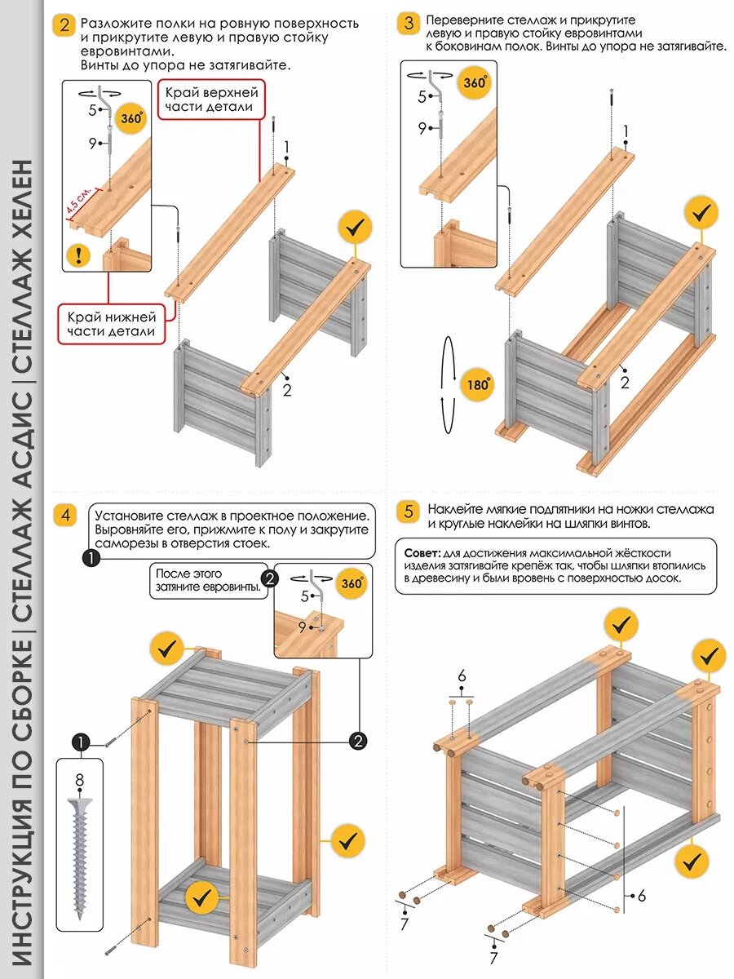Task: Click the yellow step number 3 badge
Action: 409,23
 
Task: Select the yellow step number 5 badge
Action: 409,512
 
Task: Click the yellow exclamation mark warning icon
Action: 78,255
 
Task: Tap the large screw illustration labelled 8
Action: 79,857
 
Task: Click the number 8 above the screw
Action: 79,781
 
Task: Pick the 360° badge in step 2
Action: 131,117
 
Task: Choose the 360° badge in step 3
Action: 475,82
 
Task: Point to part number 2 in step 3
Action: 625,382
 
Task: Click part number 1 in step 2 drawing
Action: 287,147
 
